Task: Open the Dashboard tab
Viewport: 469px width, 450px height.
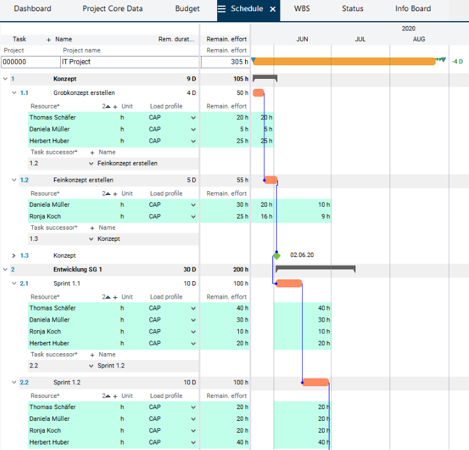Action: (32, 9)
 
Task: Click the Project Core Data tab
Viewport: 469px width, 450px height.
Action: (112, 9)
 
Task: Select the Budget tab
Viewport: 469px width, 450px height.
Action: (187, 9)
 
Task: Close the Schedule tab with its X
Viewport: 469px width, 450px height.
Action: (273, 9)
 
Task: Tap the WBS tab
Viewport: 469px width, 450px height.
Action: (302, 9)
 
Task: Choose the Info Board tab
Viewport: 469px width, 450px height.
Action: (413, 9)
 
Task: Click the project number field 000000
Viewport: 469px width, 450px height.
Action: (30, 62)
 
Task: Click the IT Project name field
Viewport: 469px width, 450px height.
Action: (129, 62)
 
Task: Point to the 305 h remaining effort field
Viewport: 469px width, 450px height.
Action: (225, 62)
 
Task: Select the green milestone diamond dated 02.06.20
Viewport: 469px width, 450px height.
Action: (277, 256)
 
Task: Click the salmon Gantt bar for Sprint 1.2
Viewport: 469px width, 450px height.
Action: (316, 382)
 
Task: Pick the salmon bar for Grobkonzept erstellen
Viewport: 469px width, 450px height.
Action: (258, 93)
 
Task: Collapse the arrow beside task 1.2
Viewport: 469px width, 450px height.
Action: (14, 181)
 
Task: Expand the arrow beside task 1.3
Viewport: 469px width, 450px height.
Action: (14, 256)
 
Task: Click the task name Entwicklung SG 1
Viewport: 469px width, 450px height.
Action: (78, 269)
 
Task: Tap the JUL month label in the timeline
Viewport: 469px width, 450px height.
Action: (360, 39)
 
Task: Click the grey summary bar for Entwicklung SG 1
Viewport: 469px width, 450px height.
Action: (315, 268)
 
